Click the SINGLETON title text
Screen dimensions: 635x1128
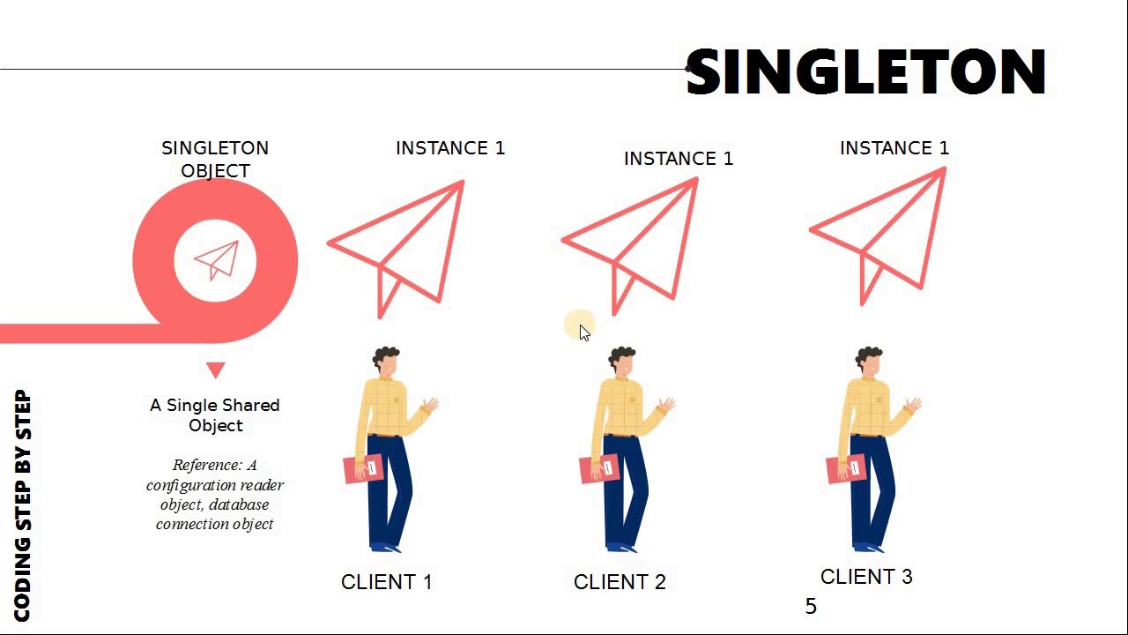click(865, 72)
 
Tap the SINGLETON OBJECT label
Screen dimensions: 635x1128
click(215, 159)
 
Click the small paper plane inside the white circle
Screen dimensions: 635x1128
click(217, 260)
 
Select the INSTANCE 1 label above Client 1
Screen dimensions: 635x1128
click(450, 148)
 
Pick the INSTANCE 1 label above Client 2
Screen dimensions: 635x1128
click(679, 159)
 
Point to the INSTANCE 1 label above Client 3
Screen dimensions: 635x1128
click(894, 148)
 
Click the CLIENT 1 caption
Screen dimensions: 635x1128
click(387, 582)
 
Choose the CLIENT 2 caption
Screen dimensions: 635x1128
click(620, 582)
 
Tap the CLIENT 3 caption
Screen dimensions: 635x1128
click(866, 577)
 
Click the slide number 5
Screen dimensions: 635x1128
click(811, 607)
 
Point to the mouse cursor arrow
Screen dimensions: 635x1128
click(583, 332)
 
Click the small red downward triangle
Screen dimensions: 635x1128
click(216, 370)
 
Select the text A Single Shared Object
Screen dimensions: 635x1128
click(215, 415)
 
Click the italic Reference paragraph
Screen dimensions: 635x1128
click(215, 494)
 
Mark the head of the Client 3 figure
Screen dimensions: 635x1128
click(870, 362)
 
